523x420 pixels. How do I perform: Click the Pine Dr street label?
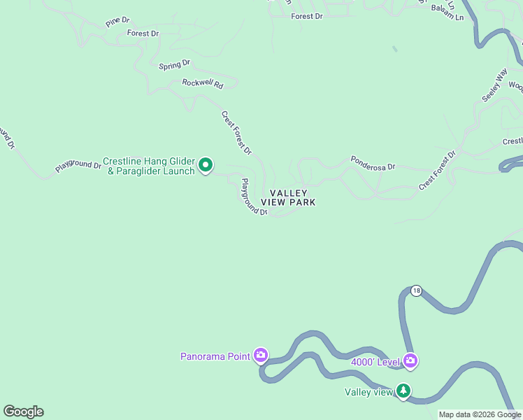pyautogui.click(x=117, y=22)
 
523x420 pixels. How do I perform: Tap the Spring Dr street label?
pyautogui.click(x=174, y=65)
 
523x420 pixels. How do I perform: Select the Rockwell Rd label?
pyautogui.click(x=202, y=83)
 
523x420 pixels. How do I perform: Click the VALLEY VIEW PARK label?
pyautogui.click(x=288, y=197)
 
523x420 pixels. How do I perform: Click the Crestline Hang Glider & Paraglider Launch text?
pyautogui.click(x=149, y=166)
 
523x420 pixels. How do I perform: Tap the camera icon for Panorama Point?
pyautogui.click(x=261, y=356)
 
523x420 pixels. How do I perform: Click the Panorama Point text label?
pyautogui.click(x=215, y=356)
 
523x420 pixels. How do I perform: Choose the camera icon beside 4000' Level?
pyautogui.click(x=410, y=361)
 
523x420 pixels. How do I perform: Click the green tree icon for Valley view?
pyautogui.click(x=403, y=391)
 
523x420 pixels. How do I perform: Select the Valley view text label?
pyautogui.click(x=369, y=392)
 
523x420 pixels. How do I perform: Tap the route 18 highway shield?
pyautogui.click(x=416, y=290)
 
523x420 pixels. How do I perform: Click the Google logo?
pyautogui.click(x=23, y=412)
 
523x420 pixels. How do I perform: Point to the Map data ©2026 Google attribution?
pyautogui.click(x=480, y=414)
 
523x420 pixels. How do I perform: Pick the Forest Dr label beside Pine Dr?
pyautogui.click(x=143, y=33)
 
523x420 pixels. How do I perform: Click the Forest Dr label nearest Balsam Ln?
pyautogui.click(x=307, y=15)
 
